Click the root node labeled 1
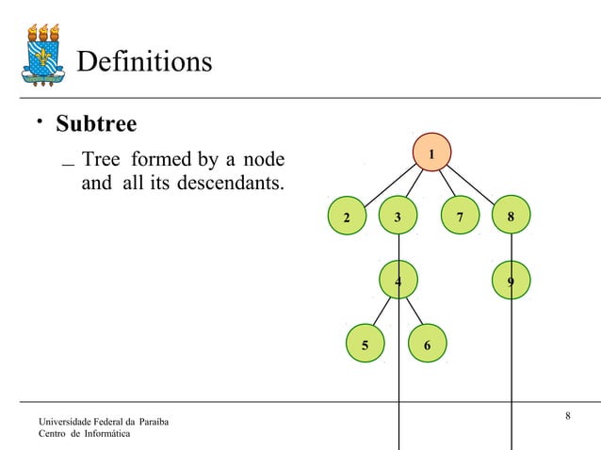(x=431, y=152)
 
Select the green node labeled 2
(x=347, y=217)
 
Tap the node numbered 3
(x=398, y=217)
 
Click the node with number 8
(x=511, y=217)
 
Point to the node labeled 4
(x=398, y=280)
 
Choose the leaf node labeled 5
(x=365, y=345)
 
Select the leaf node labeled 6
(x=428, y=345)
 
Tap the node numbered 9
(x=511, y=280)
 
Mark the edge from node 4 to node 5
(x=380, y=313)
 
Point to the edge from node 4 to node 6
(x=414, y=313)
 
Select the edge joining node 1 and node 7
(x=445, y=184)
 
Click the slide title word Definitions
(x=143, y=62)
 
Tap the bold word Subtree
(x=96, y=123)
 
